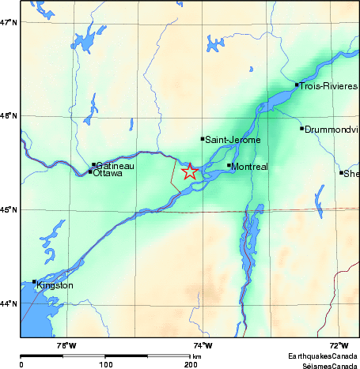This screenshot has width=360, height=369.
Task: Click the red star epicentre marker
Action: coord(190,171)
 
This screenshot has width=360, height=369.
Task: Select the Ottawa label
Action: coord(108,173)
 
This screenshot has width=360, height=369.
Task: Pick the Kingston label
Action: coord(55,285)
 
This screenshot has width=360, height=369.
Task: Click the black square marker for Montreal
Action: coord(229,165)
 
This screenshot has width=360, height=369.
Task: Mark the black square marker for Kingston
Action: coord(34,282)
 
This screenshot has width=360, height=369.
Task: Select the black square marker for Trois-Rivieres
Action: coord(297,85)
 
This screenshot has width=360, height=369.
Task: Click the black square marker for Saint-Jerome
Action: coord(203,138)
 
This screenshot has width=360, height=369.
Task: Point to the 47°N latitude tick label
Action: coord(9,22)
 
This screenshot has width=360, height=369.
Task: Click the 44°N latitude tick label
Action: coord(9,303)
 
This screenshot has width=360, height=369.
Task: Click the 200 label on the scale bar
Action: coord(191,364)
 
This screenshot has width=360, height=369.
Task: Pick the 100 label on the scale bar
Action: coord(105,364)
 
